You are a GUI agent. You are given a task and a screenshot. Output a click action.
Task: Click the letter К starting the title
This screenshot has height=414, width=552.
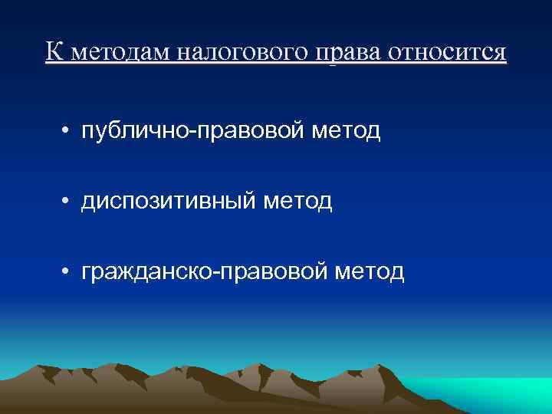coord(52,51)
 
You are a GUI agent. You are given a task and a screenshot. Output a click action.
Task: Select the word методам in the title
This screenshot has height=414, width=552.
coord(117,52)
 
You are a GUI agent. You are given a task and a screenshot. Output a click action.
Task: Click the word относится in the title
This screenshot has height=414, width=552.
coord(449,52)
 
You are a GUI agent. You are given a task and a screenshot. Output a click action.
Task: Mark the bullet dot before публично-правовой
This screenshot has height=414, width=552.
coord(67,132)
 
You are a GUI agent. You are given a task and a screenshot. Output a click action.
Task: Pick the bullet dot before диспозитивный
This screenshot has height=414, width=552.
coord(67,202)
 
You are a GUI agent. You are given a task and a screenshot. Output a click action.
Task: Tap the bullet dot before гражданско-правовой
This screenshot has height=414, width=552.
coord(67,271)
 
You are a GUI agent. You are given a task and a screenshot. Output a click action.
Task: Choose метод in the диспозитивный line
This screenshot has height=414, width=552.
coord(297,202)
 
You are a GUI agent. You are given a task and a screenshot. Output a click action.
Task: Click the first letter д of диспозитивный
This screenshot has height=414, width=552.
coord(88,202)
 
